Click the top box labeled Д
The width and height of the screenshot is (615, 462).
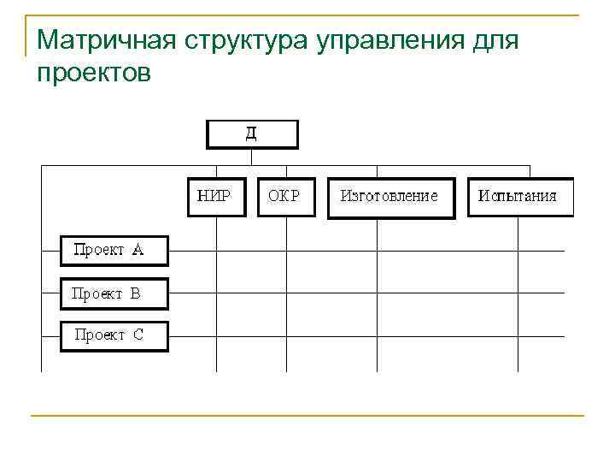(252, 134)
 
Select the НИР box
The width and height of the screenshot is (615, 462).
(215, 196)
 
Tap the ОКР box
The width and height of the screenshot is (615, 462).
(285, 196)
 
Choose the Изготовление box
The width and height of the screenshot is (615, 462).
(389, 197)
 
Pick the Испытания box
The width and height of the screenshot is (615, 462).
(519, 197)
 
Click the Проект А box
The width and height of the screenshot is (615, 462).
(114, 251)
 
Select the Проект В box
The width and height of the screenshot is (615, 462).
(114, 293)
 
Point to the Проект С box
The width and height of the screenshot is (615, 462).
(114, 335)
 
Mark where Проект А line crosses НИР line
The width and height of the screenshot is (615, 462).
(215, 251)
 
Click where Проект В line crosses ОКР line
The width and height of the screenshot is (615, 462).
(286, 293)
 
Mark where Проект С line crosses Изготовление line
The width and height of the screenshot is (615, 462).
(378, 335)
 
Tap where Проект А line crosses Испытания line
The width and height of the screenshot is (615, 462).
(518, 251)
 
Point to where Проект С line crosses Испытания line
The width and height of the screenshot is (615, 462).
(518, 335)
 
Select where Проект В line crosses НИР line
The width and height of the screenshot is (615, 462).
(215, 293)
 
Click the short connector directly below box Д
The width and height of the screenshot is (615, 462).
(252, 157)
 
